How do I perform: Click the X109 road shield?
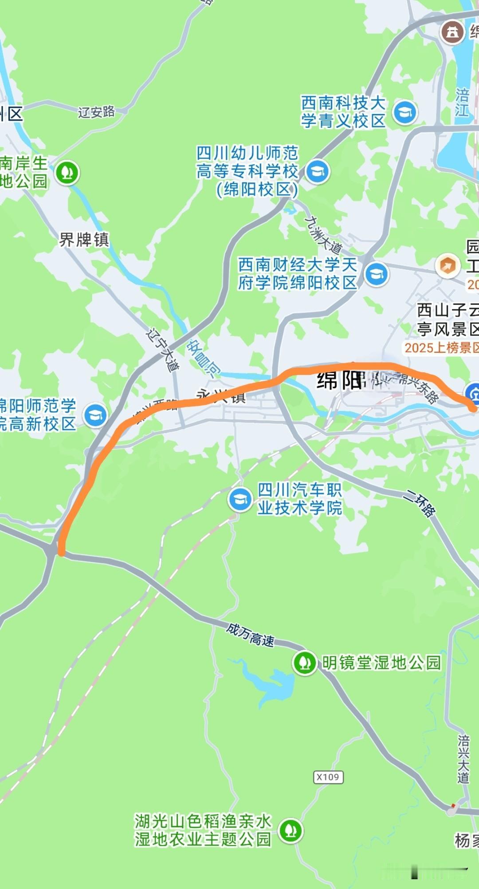tap(328, 777)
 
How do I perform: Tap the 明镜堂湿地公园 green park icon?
tap(304, 663)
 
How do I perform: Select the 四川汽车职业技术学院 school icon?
tap(240, 499)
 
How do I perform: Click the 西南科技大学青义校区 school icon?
tap(405, 112)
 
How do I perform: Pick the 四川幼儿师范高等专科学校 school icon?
tap(318, 171)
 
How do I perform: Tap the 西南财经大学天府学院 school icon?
tap(376, 274)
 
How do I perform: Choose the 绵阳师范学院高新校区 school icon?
tap(95, 415)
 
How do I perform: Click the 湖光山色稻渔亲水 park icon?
tap(291, 830)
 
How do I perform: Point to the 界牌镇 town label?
tap(84, 240)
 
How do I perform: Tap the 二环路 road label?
tap(420, 503)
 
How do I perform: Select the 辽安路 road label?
tap(96, 111)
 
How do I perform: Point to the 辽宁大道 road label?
tap(163, 349)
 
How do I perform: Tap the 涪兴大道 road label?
tap(463, 759)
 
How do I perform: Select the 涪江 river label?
tap(462, 102)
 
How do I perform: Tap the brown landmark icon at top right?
tap(452, 32)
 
